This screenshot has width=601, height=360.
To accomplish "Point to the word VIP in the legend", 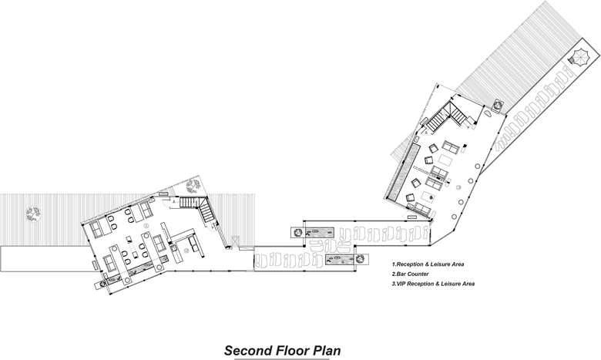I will click(405, 284).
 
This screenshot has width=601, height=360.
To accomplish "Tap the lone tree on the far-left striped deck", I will click(32, 215).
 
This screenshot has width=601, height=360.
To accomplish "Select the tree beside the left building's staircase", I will click(193, 185).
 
